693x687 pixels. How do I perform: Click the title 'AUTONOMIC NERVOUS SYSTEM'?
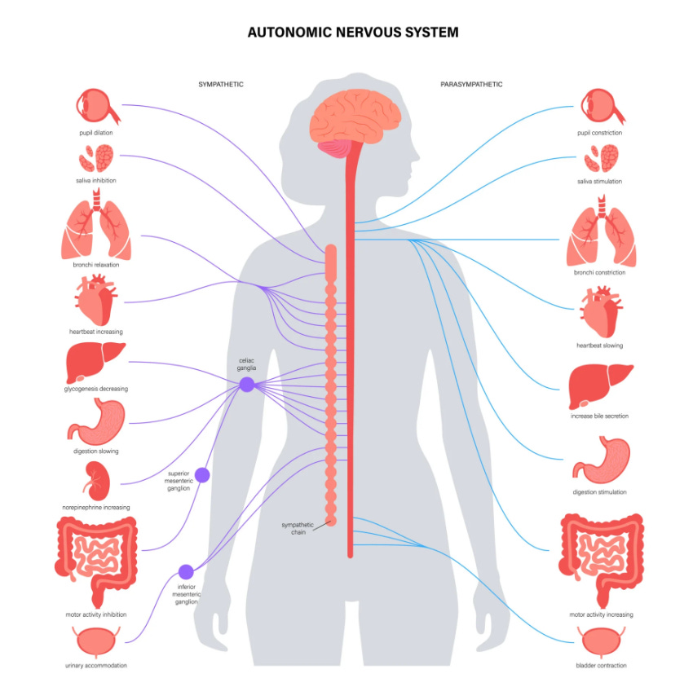click(352, 33)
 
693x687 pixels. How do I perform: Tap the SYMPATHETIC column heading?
click(221, 84)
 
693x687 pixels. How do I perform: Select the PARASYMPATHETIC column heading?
click(471, 84)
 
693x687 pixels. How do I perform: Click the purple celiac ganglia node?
click(246, 385)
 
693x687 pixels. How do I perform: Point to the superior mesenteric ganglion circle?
click(201, 474)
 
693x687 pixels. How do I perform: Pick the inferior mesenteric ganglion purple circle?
click(186, 572)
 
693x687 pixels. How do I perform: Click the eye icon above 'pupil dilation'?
click(97, 106)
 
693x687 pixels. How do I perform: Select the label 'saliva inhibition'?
click(97, 181)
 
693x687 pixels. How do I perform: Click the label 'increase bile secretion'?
click(599, 416)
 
